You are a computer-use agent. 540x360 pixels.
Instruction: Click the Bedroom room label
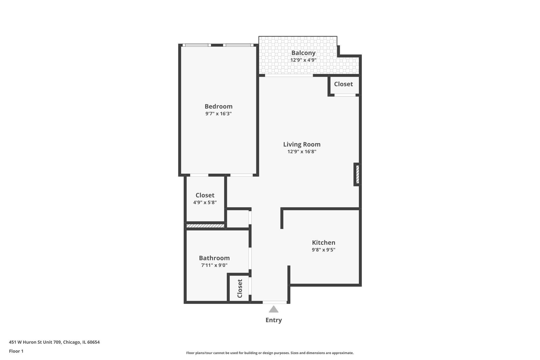pos(218,106)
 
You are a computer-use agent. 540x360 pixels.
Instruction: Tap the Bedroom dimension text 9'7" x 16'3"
pos(218,114)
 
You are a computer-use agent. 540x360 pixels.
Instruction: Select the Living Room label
pos(302,144)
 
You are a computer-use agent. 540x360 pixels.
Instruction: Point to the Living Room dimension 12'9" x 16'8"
pos(302,152)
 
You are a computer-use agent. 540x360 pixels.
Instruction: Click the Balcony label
pos(303,53)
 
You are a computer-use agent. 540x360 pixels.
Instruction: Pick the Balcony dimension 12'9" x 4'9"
pos(303,60)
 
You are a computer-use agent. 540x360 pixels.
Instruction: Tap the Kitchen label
pos(324,242)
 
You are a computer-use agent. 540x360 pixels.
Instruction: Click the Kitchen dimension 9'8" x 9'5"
pos(324,250)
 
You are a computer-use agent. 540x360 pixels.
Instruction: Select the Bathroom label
pos(214,258)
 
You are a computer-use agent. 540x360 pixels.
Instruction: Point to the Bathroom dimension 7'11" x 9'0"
pos(214,265)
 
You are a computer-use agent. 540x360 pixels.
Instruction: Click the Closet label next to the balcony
pos(343,84)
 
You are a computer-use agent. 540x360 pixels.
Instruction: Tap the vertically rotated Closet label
pos(240,289)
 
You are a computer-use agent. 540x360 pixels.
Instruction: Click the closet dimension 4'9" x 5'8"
pos(205,203)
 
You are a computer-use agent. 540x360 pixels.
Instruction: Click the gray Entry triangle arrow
pos(274,309)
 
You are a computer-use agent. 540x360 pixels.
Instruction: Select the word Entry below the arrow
pos(274,320)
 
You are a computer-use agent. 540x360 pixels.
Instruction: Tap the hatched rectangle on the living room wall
pos(357,174)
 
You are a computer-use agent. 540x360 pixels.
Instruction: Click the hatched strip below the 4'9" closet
pos(205,226)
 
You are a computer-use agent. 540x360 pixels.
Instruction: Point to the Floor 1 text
pos(16,351)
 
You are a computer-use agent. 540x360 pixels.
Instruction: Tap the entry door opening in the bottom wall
pos(274,302)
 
